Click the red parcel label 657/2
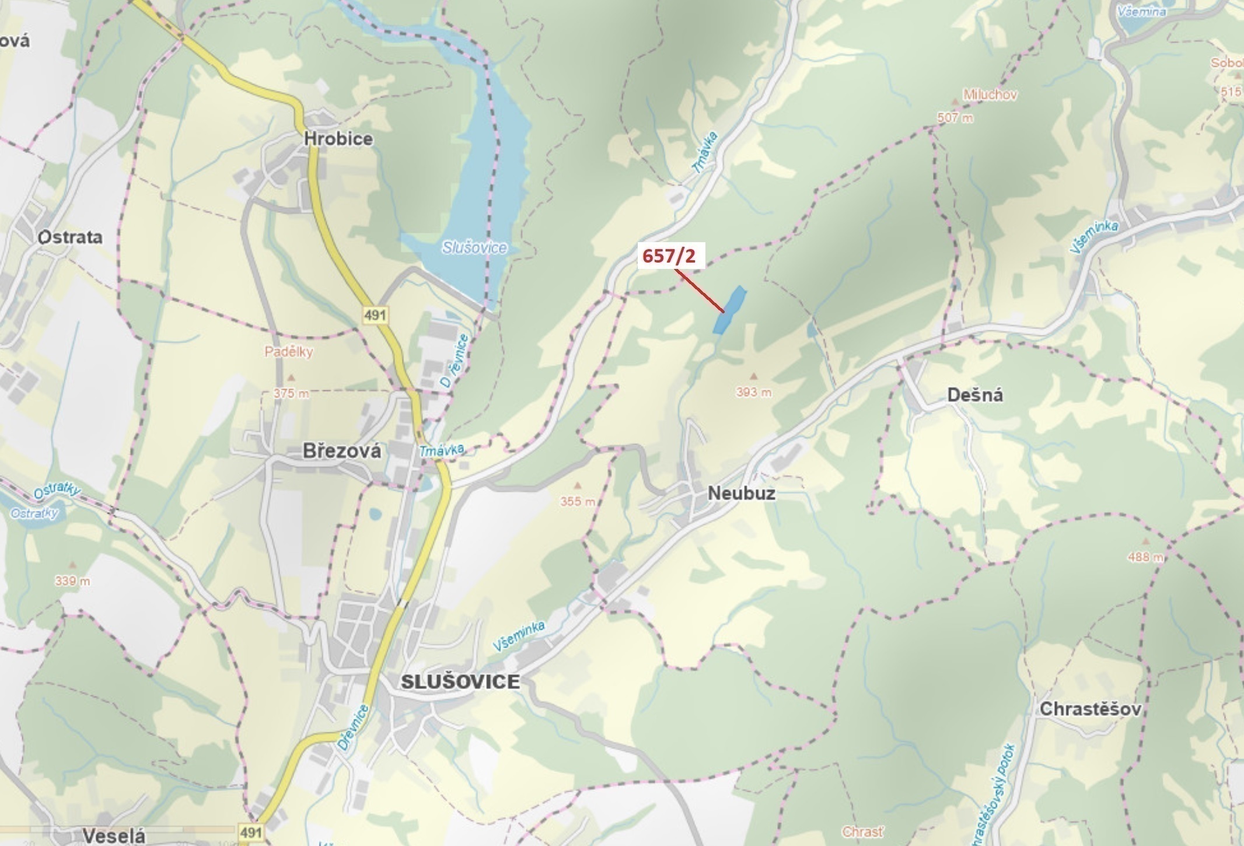[669, 256]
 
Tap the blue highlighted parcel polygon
[730, 310]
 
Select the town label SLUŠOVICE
[460, 681]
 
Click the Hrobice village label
[338, 139]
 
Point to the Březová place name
[342, 451]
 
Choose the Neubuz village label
[741, 494]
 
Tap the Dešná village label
[975, 395]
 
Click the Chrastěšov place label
[1090, 709]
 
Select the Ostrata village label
[70, 237]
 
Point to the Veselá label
[114, 835]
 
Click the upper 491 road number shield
[375, 316]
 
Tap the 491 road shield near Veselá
[251, 833]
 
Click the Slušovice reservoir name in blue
[474, 247]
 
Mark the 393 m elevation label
[754, 393]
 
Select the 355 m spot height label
[578, 501]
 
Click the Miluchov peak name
[990, 95]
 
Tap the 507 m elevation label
[955, 118]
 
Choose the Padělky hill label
[289, 352]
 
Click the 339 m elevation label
[73, 581]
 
